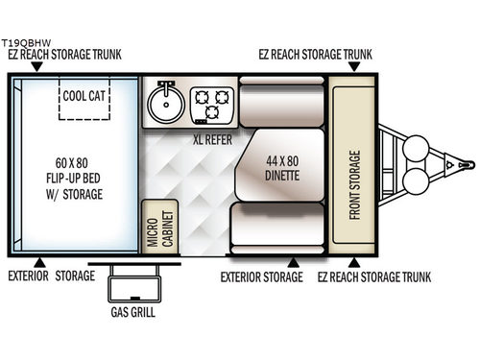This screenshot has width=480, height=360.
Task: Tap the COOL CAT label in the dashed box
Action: [84, 96]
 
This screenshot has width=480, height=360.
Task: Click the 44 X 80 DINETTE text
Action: [279, 169]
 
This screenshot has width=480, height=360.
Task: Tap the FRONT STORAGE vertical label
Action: [355, 182]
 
